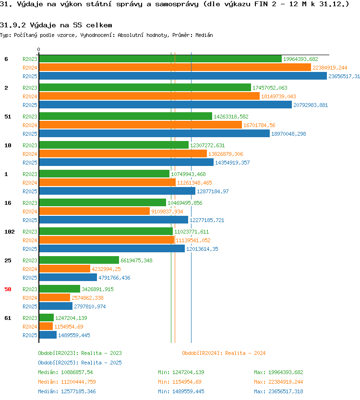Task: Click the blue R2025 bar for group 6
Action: pyautogui.click(x=183, y=76)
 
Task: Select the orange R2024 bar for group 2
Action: pyautogui.click(x=149, y=96)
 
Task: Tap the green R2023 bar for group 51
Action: pyautogui.click(x=126, y=116)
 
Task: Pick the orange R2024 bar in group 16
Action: pyautogui.click(x=95, y=211)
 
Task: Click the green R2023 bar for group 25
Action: pyautogui.click(x=79, y=260)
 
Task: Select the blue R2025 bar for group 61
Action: pyautogui.click(x=48, y=335)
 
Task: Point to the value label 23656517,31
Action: pyautogui.click(x=344, y=76)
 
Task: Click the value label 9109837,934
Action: pyautogui.click(x=167, y=212)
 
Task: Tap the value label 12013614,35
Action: pyautogui.click(x=202, y=249)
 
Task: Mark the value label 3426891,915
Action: pyautogui.click(x=97, y=289)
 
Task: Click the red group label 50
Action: pyautogui.click(x=8, y=289)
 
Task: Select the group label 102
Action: pyautogui.click(x=10, y=232)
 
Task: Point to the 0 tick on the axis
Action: pyautogui.click(x=38, y=49)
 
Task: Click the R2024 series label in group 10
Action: pyautogui.click(x=30, y=154)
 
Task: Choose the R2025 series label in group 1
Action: pyautogui.click(x=30, y=191)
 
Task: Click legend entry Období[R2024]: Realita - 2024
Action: pyautogui.click(x=224, y=353)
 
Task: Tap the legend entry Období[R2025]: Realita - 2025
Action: pyautogui.click(x=80, y=363)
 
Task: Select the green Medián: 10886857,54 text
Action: pyautogui.click(x=65, y=372)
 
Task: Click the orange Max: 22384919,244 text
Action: pyautogui.click(x=278, y=382)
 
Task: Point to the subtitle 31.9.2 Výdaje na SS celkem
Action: pyautogui.click(x=56, y=25)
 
